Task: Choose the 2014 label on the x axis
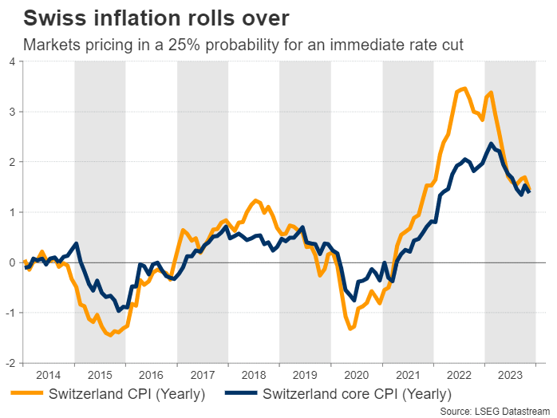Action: [x=49, y=373]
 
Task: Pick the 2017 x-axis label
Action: [x=203, y=373]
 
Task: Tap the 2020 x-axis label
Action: [x=357, y=373]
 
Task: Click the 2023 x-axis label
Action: [x=511, y=373]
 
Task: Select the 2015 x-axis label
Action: [x=100, y=373]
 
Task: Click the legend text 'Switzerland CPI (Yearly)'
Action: [x=127, y=393]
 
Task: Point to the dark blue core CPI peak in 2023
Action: [x=490, y=144]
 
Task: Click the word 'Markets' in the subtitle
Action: [x=51, y=45]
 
